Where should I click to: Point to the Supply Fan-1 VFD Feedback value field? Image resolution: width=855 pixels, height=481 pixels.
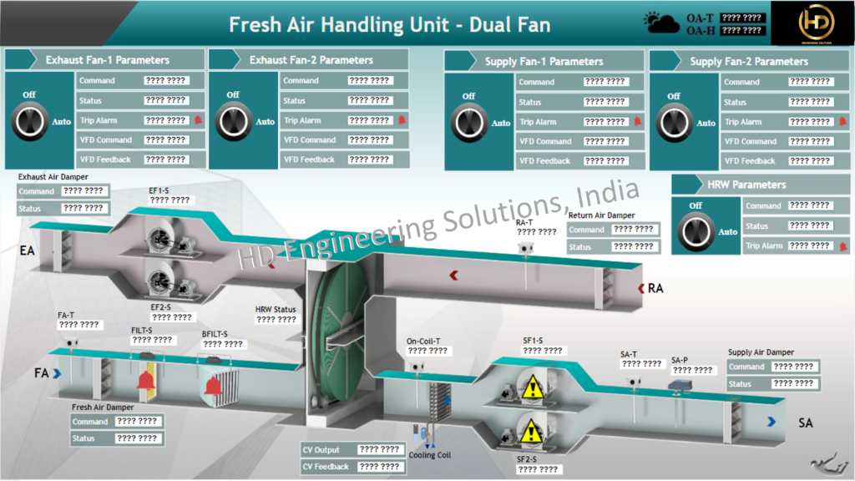(605, 161)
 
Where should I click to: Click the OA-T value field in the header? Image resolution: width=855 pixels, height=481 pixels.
(741, 18)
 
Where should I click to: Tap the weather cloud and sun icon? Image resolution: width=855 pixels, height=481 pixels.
(662, 23)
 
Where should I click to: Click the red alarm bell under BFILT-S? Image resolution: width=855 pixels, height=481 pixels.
(214, 385)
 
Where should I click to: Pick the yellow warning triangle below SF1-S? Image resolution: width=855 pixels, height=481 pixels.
(531, 387)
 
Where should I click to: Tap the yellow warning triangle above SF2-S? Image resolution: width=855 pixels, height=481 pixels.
(531, 432)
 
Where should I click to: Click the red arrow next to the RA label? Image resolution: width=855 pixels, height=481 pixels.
(641, 289)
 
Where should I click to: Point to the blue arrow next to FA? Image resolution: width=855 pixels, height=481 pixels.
(57, 373)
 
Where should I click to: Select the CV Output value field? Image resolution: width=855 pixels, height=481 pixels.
(379, 450)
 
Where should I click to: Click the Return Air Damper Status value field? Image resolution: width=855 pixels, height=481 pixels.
(633, 247)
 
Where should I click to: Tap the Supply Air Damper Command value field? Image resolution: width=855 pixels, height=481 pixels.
(792, 367)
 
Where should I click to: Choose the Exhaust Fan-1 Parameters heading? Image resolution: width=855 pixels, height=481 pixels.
(107, 60)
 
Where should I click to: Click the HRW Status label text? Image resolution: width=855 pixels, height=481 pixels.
(276, 310)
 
